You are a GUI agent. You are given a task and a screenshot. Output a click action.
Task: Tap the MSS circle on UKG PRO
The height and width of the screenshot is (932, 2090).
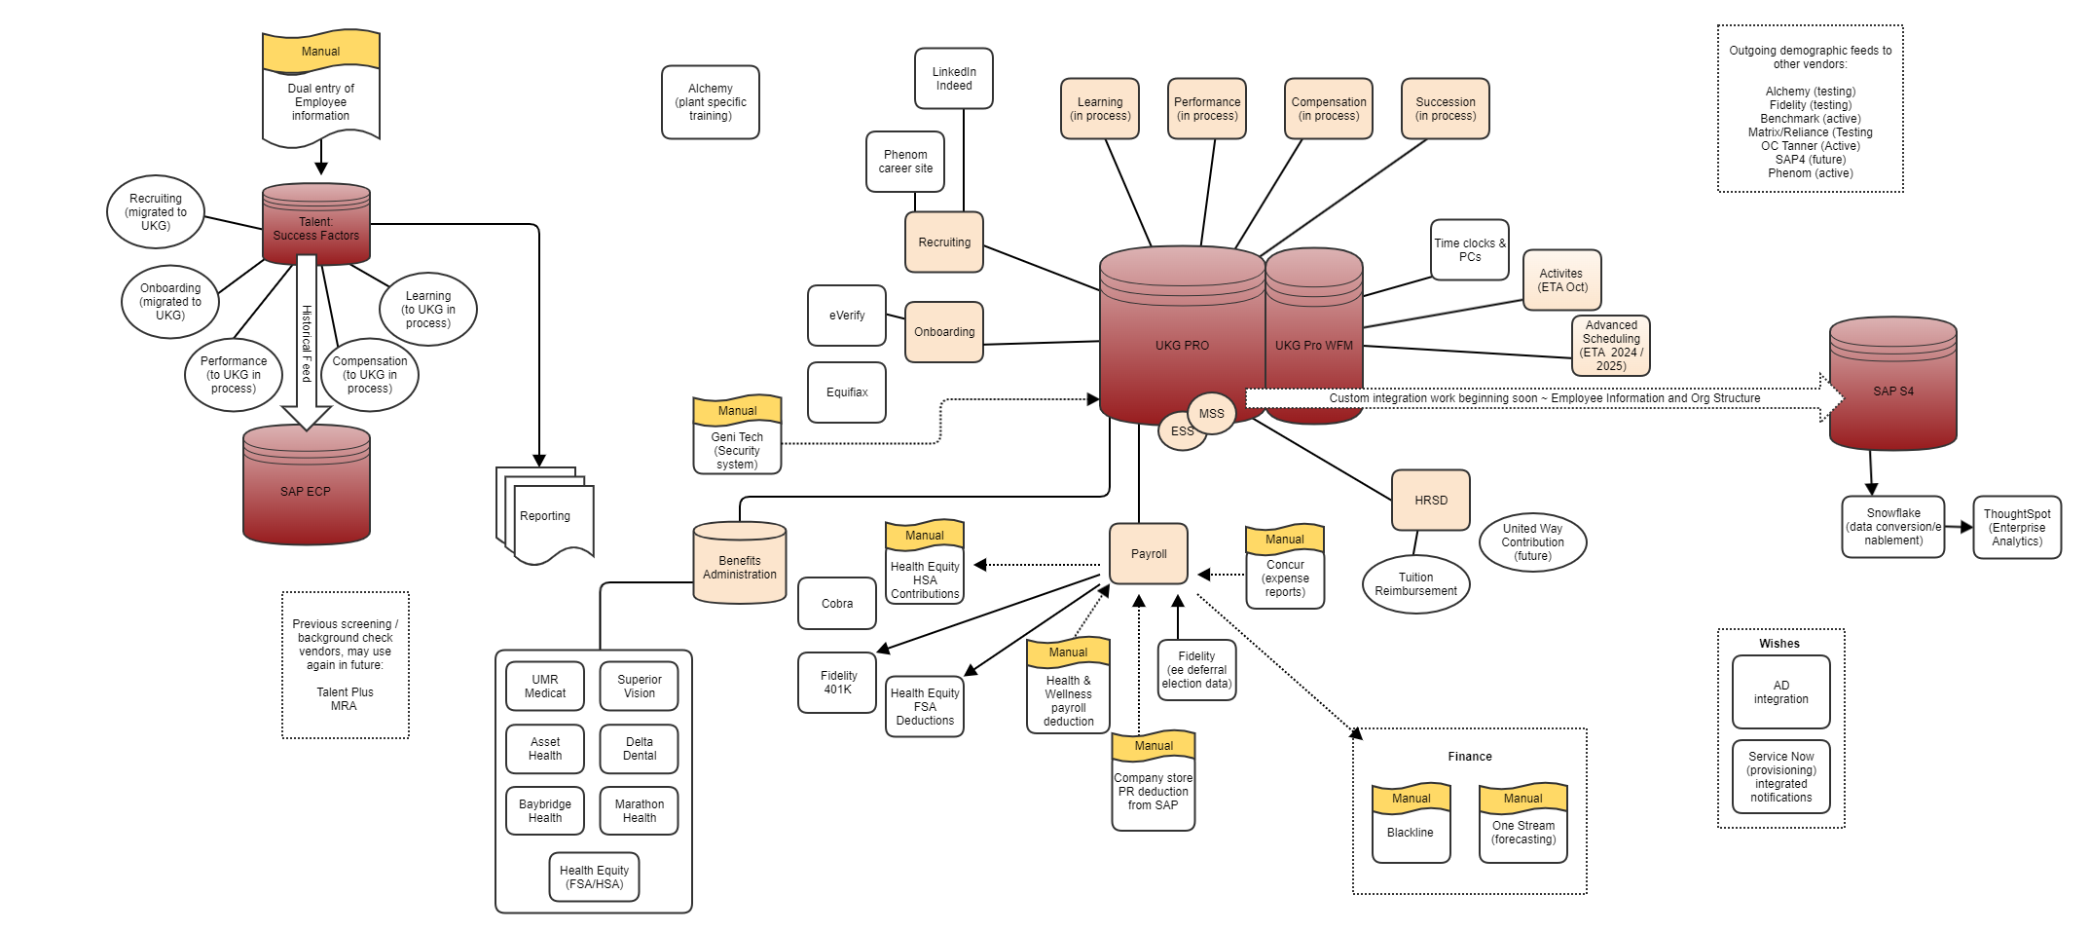click(1212, 413)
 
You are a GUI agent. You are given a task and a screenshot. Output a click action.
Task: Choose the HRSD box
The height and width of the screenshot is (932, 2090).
click(1430, 500)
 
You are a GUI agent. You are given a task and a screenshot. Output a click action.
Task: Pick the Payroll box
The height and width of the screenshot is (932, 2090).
click(1148, 553)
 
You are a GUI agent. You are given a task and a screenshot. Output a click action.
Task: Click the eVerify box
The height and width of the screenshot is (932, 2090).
click(846, 315)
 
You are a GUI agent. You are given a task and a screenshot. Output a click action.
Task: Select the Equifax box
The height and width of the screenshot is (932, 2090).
click(846, 391)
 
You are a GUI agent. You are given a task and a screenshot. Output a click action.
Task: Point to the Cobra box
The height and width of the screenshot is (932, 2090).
click(836, 603)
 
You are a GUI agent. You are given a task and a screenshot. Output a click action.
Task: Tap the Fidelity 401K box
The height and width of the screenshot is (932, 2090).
click(836, 682)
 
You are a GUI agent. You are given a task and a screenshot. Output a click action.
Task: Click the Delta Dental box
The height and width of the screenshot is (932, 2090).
click(639, 748)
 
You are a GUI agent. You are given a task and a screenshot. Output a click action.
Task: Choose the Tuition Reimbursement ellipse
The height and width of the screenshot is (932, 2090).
click(1415, 584)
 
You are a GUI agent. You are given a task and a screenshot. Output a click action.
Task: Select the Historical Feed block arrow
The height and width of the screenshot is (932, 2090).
click(306, 341)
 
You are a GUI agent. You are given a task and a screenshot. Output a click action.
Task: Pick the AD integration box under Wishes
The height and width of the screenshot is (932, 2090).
click(1780, 691)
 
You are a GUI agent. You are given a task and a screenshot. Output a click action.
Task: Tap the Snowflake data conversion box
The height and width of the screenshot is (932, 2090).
click(1892, 527)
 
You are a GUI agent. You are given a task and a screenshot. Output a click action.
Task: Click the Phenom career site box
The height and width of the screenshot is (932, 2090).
click(904, 162)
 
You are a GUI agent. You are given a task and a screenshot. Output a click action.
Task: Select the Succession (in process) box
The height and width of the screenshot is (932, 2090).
click(1445, 108)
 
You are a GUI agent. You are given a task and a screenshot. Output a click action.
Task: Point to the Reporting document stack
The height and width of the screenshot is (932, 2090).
click(545, 516)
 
